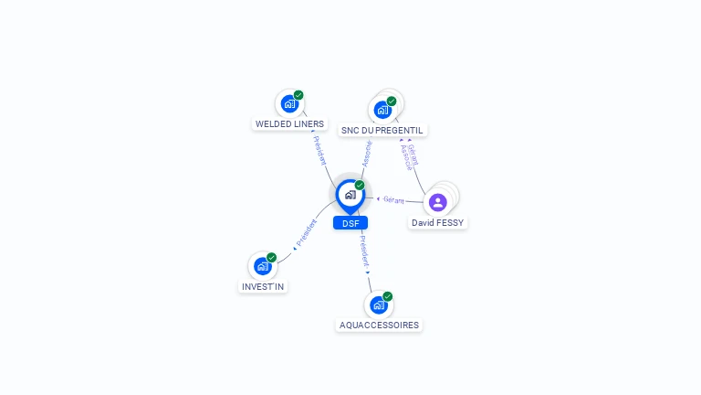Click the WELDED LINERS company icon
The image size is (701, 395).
tap(289, 103)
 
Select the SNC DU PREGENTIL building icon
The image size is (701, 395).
tap(382, 109)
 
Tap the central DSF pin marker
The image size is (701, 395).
tap(350, 195)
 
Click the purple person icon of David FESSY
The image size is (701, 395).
tap(437, 202)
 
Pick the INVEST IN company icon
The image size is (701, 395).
tap(263, 266)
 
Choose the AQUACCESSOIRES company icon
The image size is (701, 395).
tap(379, 304)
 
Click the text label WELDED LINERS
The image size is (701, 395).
tap(289, 123)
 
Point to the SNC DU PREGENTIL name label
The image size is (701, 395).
tap(382, 130)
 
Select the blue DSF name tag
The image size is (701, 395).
tap(350, 223)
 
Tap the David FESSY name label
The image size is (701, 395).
tap(438, 222)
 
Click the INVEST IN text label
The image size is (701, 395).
tap(263, 286)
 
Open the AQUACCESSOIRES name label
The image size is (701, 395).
tap(380, 325)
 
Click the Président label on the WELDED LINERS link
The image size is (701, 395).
tap(320, 151)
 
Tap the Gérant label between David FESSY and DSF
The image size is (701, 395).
tap(393, 199)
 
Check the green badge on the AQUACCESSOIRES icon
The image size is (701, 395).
tap(388, 296)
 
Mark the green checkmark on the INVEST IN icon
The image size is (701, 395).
tap(272, 258)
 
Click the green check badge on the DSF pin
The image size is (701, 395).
tap(360, 185)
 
